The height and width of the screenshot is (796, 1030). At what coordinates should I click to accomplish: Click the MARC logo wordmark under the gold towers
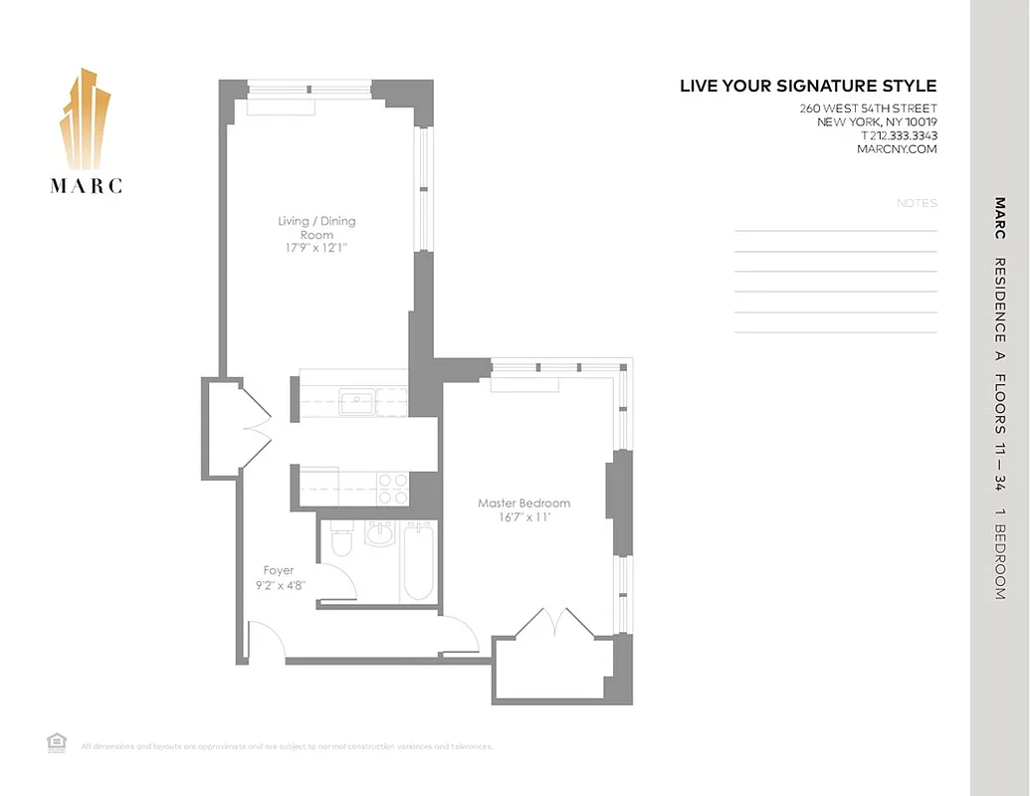click(x=87, y=185)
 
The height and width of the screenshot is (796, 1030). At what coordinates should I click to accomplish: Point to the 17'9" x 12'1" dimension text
click(x=316, y=250)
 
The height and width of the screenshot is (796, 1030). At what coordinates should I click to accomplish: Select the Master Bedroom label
click(x=523, y=503)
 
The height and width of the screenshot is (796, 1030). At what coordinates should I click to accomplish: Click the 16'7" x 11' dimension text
click(x=523, y=517)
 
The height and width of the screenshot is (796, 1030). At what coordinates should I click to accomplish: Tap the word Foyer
click(x=279, y=571)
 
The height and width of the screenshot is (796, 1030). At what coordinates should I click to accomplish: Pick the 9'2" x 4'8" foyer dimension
click(x=279, y=585)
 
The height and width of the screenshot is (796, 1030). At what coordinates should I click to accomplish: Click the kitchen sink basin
click(x=355, y=402)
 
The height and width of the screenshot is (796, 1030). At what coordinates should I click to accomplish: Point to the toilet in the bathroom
click(x=340, y=544)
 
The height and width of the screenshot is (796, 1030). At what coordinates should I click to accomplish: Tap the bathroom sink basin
click(x=379, y=535)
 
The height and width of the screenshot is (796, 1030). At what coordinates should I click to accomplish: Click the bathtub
click(x=418, y=564)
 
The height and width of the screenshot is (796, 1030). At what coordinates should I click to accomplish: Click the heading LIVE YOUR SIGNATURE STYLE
click(x=808, y=87)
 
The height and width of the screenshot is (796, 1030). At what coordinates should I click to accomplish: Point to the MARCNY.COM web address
click(x=896, y=150)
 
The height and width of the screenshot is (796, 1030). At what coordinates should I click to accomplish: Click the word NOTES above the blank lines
click(x=917, y=203)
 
